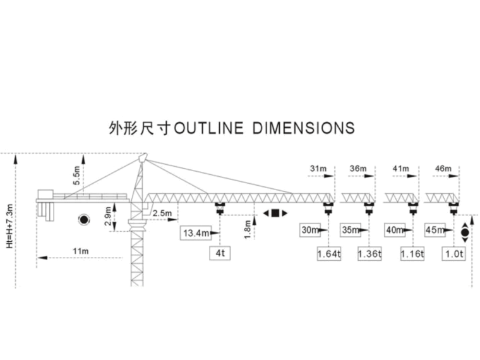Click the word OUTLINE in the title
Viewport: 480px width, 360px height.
pos(208,128)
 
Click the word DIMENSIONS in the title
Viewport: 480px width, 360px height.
pos(303,128)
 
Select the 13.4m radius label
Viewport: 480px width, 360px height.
pos(196,233)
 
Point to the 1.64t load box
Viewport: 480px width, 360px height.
pos(328,254)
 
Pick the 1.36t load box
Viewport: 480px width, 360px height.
pos(369,254)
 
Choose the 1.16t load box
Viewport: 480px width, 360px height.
pos(412,254)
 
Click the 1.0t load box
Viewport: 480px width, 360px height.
pos(453,254)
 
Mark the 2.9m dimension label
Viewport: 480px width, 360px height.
pos(109,215)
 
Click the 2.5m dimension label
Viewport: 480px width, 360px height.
pos(162,213)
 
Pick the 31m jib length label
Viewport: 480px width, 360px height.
pos(318,169)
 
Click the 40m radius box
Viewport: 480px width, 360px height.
pos(394,230)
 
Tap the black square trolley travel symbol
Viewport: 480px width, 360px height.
pos(275,213)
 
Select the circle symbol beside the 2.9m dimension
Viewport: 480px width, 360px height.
pos(83,219)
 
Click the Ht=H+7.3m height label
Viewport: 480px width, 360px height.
pos(9,226)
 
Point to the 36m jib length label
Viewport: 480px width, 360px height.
pos(357,169)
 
